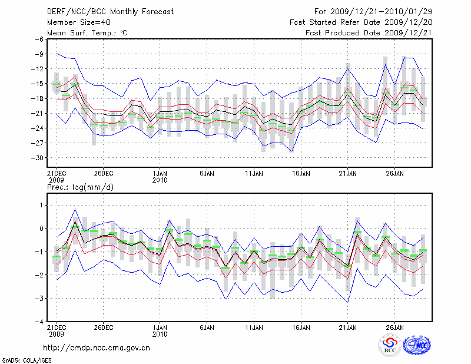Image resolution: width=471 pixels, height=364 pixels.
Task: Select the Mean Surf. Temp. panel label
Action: click(x=87, y=33)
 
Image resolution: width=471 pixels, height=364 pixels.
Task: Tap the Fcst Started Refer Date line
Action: click(x=361, y=22)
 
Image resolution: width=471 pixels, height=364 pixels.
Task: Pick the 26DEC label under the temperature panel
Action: click(x=104, y=174)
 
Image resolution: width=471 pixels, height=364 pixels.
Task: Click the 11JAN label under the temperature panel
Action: click(x=254, y=174)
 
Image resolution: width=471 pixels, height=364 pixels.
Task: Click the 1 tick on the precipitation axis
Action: click(x=41, y=205)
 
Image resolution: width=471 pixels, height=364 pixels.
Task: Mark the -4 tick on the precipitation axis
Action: click(x=39, y=322)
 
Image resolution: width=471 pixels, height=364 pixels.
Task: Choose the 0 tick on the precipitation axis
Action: click(x=41, y=229)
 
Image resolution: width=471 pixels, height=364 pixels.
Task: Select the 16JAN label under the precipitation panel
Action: click(x=301, y=327)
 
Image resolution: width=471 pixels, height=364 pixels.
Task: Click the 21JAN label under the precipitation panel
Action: click(x=348, y=327)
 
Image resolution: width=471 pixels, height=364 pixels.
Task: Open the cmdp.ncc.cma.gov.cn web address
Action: click(x=97, y=348)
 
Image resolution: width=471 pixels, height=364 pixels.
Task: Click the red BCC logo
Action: click(x=390, y=345)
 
